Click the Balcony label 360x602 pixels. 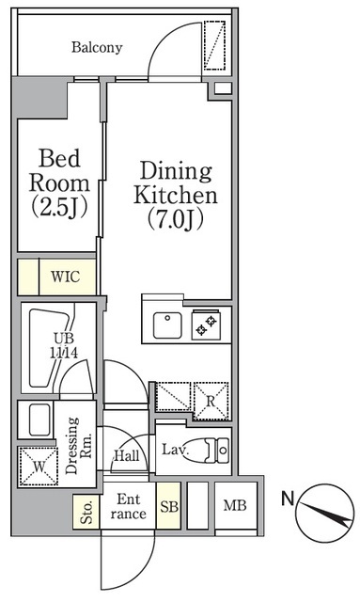tap(97, 48)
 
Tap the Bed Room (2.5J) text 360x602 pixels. tap(59, 183)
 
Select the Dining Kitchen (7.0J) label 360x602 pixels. tap(176, 196)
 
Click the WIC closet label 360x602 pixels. tap(66, 276)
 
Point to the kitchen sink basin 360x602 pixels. tap(167, 325)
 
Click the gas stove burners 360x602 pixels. tap(207, 325)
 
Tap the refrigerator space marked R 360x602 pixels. tap(211, 402)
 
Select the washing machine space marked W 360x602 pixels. tap(39, 467)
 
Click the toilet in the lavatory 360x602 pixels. tap(216, 451)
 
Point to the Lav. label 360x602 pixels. tap(175, 450)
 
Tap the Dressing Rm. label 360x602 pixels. tap(78, 445)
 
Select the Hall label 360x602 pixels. tap(127, 455)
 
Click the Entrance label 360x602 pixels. tap(129, 506)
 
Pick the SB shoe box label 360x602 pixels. tap(169, 507)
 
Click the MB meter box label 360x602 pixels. tap(235, 505)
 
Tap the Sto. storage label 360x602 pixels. tap(86, 512)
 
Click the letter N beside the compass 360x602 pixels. tap(288, 499)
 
